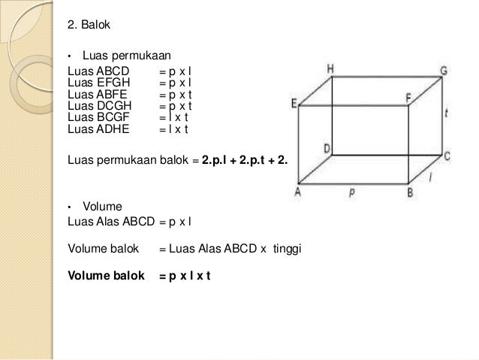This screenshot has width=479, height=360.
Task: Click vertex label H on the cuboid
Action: click(330, 68)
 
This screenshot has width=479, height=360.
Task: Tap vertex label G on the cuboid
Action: click(444, 70)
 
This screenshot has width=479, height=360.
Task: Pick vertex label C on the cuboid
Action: click(447, 156)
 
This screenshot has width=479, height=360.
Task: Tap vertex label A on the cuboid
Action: click(298, 192)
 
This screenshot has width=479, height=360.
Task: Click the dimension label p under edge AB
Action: click(351, 192)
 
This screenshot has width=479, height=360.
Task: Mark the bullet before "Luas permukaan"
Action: click(69, 56)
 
